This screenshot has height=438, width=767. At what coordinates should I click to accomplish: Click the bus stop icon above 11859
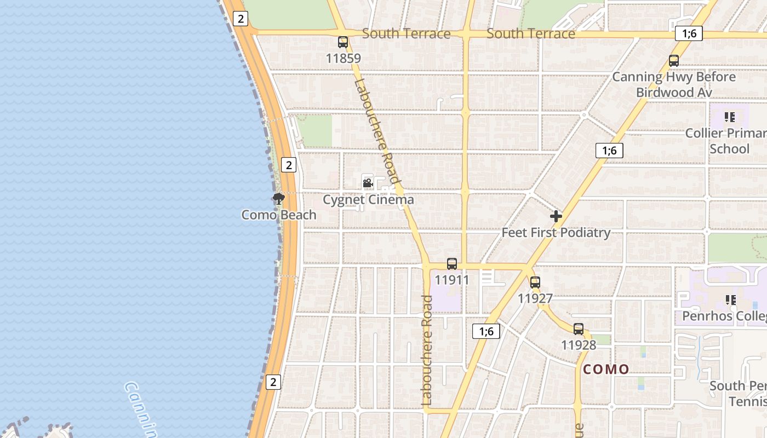(343, 42)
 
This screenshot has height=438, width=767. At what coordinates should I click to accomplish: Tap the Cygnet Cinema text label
(368, 200)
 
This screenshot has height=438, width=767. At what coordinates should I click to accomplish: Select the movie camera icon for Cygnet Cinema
(368, 183)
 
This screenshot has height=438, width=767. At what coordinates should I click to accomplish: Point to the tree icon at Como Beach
(279, 198)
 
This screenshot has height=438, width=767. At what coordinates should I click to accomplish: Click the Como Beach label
(279, 215)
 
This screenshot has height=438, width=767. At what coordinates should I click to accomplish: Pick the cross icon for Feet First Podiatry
(556, 216)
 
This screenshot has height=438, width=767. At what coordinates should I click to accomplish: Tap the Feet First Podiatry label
(556, 233)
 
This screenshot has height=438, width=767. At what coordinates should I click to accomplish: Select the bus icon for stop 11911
(452, 264)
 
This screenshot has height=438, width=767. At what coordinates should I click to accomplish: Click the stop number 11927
(535, 298)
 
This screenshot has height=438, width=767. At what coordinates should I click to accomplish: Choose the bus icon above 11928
(579, 329)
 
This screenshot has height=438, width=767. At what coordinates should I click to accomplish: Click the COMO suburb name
(606, 369)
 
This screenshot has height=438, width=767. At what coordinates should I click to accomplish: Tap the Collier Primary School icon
(730, 117)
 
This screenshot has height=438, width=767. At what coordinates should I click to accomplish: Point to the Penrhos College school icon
(730, 299)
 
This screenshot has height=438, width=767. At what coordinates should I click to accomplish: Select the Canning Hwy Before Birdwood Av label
(674, 84)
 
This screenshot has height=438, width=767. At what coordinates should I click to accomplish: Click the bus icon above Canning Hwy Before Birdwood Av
(674, 61)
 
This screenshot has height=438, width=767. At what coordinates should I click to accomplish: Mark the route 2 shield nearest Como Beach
(289, 164)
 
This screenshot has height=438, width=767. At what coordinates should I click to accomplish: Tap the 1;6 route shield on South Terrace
(689, 33)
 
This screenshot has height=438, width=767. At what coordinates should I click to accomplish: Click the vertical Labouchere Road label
(427, 350)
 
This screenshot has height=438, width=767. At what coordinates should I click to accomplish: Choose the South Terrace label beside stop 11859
(407, 34)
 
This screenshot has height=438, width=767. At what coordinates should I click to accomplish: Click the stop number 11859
(343, 58)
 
